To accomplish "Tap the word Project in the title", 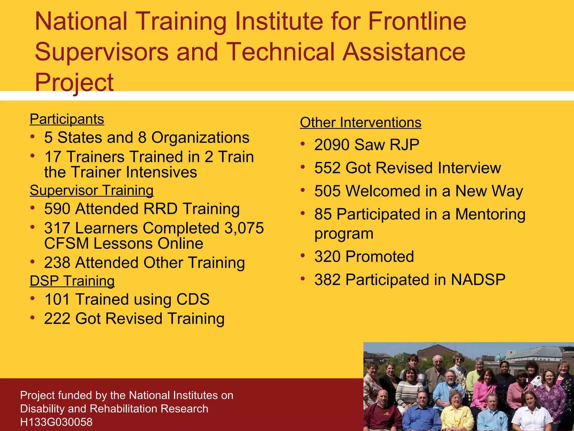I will [74, 82].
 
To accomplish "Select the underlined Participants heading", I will [67, 119].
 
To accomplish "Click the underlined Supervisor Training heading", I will [92, 190].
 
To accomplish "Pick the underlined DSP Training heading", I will [72, 281].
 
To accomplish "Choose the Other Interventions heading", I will [360, 123].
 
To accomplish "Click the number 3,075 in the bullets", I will [244, 228].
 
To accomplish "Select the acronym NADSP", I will [478, 280].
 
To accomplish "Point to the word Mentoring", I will [490, 214].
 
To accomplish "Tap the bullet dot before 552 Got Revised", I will [303, 167].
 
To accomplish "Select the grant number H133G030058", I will [56, 422].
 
